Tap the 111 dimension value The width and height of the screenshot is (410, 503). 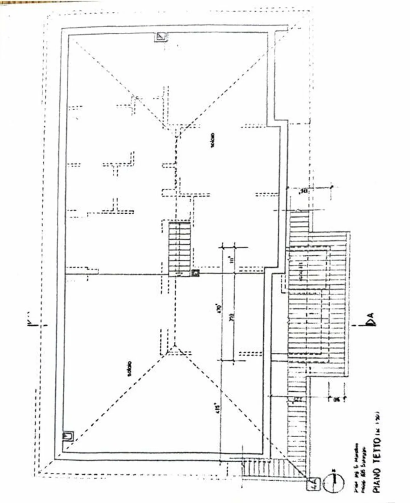pos(231,260)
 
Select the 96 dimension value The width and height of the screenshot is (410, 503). pos(337,399)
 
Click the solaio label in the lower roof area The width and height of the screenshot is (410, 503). pos(130,369)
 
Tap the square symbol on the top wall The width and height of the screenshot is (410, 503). pos(161,37)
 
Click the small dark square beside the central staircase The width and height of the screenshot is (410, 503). pos(195,273)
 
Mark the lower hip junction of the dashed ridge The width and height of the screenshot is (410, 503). pos(174,346)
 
